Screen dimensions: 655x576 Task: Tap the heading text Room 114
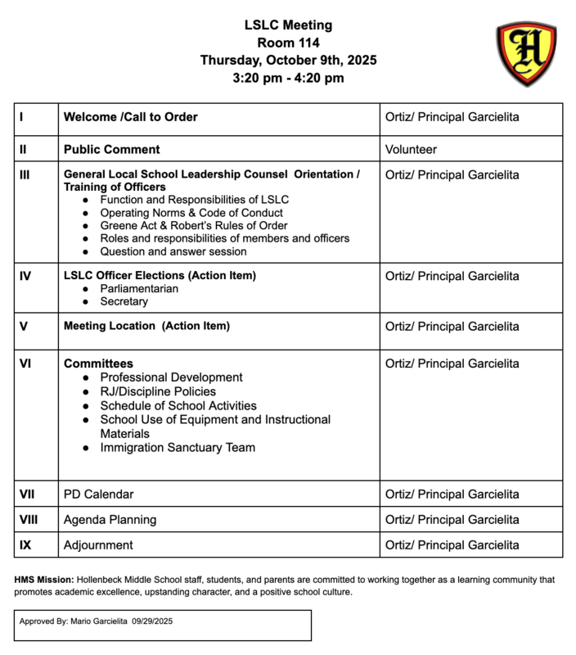pos(287,43)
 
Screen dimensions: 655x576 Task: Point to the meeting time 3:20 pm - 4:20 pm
pos(287,79)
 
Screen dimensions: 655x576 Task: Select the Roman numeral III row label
pos(25,175)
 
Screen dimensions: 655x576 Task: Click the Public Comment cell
pos(112,150)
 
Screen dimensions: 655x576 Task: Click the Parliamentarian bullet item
pos(139,289)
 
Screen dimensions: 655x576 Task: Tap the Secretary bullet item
pos(124,301)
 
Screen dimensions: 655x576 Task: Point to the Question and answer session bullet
pos(173,251)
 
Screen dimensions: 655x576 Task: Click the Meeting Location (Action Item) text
pos(146,326)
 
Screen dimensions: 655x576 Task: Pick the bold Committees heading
pos(98,364)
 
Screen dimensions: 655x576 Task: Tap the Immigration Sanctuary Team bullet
pos(178,448)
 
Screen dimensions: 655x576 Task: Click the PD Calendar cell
pos(98,495)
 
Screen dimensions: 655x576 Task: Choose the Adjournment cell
pos(98,545)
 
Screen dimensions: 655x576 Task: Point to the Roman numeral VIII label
pos(29,520)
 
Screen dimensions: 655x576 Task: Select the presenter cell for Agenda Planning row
pos(452,520)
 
